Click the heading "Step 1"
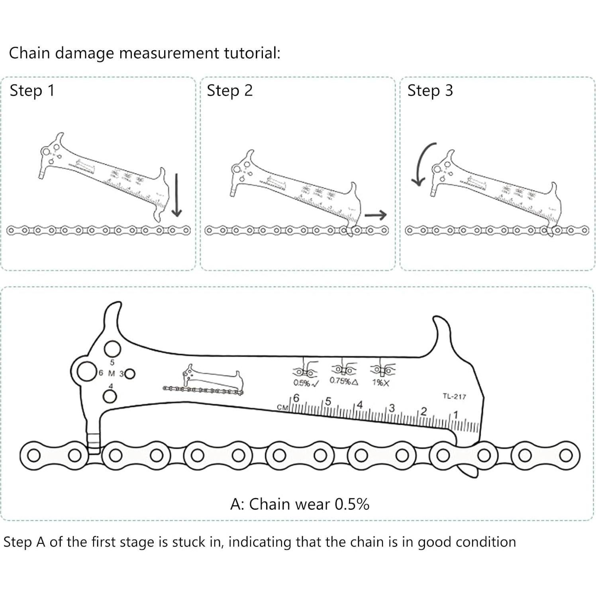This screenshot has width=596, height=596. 31,90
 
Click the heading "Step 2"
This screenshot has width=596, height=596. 229,90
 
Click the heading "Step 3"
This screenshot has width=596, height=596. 430,90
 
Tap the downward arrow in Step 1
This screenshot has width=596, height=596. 177,195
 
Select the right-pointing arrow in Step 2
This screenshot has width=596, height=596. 375,215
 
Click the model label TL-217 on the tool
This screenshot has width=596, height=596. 454,396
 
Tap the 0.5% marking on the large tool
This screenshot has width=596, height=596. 306,383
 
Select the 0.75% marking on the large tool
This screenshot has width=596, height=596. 343,381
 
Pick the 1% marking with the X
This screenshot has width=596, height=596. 380,383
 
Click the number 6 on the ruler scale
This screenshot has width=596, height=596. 296,398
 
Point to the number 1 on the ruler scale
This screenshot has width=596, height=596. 456,415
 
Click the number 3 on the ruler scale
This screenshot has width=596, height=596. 392,408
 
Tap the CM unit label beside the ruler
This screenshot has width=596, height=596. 282,408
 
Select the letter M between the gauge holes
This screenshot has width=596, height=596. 112,374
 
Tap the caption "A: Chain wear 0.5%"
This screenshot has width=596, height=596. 300,504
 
